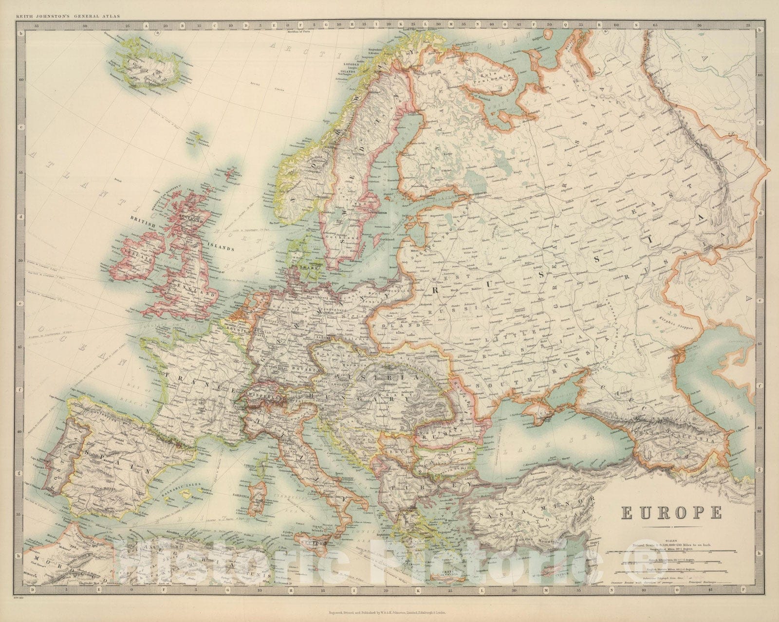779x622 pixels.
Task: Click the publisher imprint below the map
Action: click(389, 615)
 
